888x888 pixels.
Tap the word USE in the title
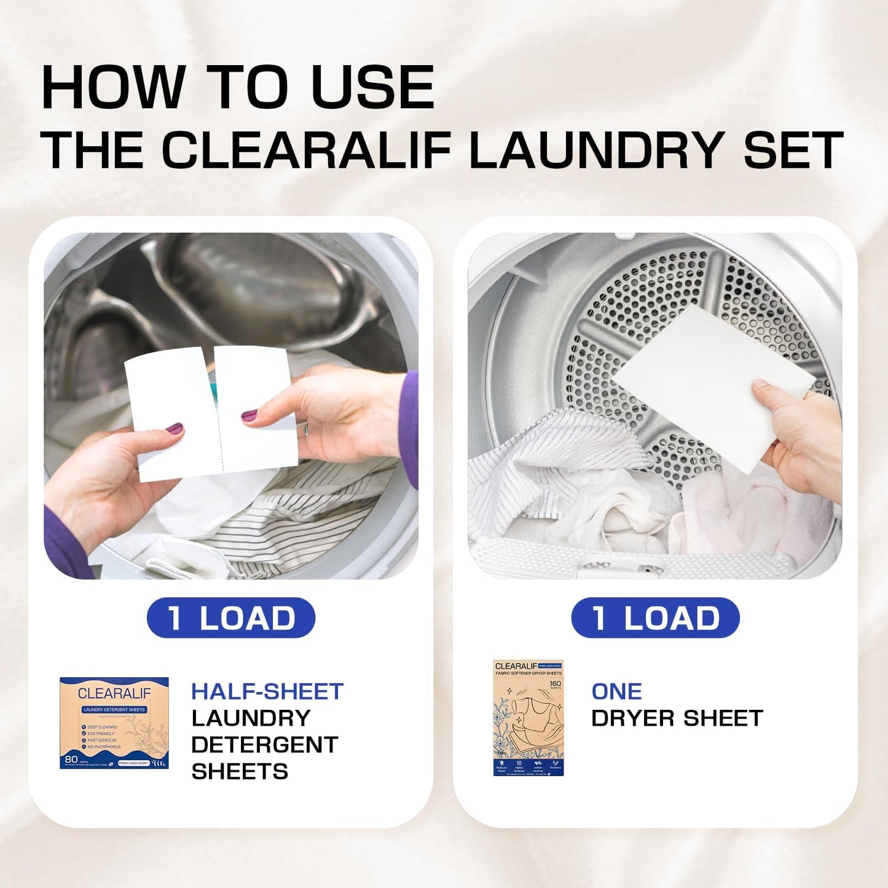tap(373, 88)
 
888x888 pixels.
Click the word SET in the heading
tap(793, 150)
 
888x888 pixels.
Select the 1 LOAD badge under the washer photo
tap(231, 618)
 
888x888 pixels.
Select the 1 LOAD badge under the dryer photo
tap(655, 618)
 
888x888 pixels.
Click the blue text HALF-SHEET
tap(267, 691)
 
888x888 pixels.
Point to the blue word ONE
tap(616, 691)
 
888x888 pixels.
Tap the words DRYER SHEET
tap(677, 718)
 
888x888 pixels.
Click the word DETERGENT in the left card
tap(264, 745)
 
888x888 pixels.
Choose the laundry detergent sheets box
tap(114, 723)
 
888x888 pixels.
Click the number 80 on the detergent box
tap(71, 759)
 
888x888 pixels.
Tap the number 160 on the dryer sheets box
tap(556, 683)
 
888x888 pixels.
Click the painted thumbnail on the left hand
tap(175, 428)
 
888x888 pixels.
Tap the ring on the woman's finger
tap(305, 429)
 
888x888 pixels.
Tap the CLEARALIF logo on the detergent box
tap(114, 694)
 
